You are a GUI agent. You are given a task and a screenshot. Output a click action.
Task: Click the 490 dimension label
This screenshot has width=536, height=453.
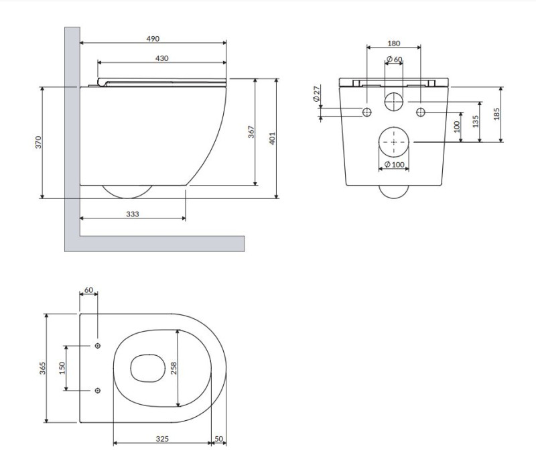pyautogui.click(x=153, y=40)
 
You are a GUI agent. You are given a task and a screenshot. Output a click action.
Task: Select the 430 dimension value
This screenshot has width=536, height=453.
pyautogui.click(x=161, y=58)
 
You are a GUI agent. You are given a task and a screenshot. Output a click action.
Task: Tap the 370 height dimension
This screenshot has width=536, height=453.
pyautogui.click(x=38, y=142)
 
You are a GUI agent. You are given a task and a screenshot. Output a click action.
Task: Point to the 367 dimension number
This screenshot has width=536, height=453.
pyautogui.click(x=251, y=132)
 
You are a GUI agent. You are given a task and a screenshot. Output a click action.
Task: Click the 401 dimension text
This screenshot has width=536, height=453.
pyautogui.click(x=271, y=138)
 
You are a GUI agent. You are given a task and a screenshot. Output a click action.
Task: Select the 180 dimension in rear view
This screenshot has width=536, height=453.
pyautogui.click(x=395, y=44)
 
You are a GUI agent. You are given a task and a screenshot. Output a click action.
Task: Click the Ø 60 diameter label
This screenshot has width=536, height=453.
pyautogui.click(x=395, y=60)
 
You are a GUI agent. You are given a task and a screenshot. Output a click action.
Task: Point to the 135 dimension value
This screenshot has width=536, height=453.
pyautogui.click(x=475, y=122)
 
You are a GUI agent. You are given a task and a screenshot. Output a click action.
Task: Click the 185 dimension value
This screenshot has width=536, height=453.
pyautogui.click(x=496, y=114)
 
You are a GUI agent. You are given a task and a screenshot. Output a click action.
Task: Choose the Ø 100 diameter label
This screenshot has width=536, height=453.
pyautogui.click(x=394, y=165)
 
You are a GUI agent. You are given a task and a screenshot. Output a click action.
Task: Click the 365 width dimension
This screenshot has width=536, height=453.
pyautogui.click(x=42, y=368)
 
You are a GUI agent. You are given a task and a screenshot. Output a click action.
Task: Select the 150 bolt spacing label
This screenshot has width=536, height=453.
pyautogui.click(x=63, y=368)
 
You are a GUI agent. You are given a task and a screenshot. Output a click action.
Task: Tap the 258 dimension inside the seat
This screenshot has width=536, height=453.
pyautogui.click(x=174, y=368)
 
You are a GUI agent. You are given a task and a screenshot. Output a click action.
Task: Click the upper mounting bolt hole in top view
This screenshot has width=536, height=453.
pyautogui.click(x=98, y=346)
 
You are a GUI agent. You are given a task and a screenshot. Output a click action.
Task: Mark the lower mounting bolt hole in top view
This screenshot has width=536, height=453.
pyautogui.click(x=98, y=391)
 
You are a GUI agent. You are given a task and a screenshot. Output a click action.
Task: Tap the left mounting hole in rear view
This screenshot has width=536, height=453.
pyautogui.click(x=366, y=111)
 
